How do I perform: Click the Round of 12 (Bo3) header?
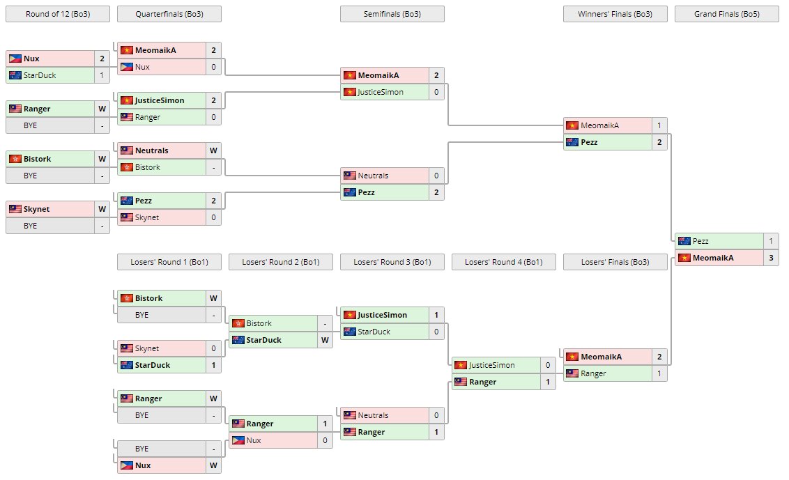[58, 14]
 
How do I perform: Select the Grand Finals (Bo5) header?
[726, 14]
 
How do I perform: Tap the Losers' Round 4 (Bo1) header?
[504, 262]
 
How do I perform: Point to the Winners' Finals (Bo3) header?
[615, 14]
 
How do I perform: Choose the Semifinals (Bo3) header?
[392, 14]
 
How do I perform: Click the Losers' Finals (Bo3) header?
[615, 262]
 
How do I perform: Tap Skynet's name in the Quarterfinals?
[147, 217]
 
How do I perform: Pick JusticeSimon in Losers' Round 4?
[491, 365]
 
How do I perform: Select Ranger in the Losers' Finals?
[593, 373]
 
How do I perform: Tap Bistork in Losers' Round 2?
[259, 323]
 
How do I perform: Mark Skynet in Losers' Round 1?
[147, 348]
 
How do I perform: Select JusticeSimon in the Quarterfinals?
[160, 100]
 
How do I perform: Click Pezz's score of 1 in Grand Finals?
[771, 241]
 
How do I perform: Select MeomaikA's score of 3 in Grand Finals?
[771, 258]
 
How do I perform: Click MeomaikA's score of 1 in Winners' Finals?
[659, 125]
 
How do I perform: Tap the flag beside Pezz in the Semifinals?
[350, 192]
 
